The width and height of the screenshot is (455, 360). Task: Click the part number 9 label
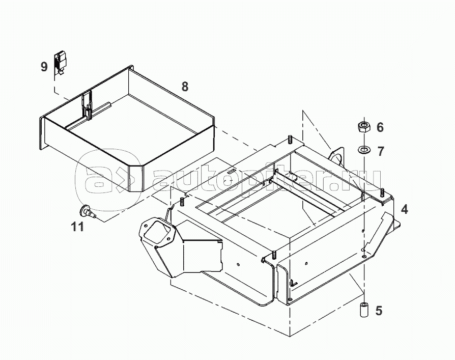pyautogui.click(x=44, y=66)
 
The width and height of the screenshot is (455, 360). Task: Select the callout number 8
pyautogui.click(x=184, y=87)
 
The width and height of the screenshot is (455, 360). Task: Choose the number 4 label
pyautogui.click(x=404, y=209)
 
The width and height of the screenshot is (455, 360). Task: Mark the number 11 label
pyautogui.click(x=77, y=227)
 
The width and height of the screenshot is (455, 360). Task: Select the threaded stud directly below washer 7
pyautogui.click(x=381, y=192)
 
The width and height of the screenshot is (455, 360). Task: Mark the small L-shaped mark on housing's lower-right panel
pyautogui.click(x=294, y=282)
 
